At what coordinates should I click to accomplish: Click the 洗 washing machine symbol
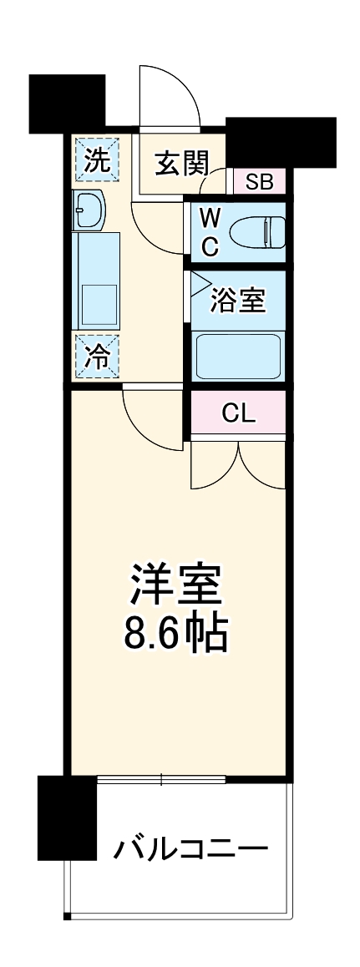tap(98, 159)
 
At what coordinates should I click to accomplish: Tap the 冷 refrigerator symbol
tap(98, 357)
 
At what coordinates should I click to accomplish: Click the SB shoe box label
tap(259, 181)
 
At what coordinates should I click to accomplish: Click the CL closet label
tap(239, 413)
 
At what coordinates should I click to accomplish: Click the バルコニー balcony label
tap(191, 850)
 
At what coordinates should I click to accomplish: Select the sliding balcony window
tap(161, 780)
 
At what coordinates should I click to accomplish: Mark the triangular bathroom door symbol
tap(200, 285)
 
